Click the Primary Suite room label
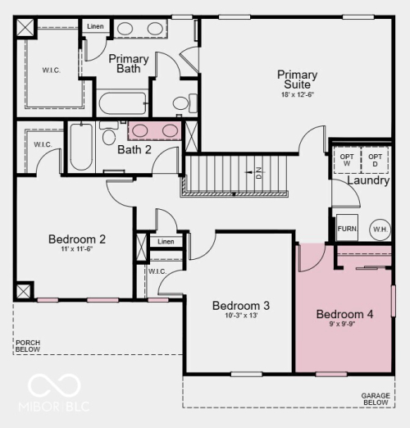point(298,80)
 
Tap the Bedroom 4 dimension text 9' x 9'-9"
point(342,324)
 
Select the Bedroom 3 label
point(241,306)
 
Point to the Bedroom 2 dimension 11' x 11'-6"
point(77,249)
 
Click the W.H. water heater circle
point(380,230)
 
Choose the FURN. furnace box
point(347,228)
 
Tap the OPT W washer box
point(347,160)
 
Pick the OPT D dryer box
point(375,160)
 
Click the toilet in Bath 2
point(109,133)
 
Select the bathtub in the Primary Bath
point(123,103)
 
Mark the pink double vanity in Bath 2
point(155,131)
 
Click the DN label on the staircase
point(259,173)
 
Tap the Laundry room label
point(368,180)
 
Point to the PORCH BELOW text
point(28,346)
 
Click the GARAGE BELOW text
point(376,399)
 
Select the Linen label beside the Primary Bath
point(95,26)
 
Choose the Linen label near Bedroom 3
point(166,242)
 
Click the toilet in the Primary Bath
point(185,103)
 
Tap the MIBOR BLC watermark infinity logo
point(54,386)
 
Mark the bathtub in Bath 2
point(81,147)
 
